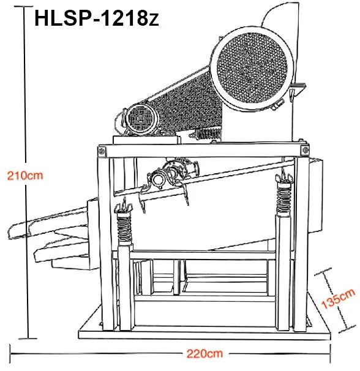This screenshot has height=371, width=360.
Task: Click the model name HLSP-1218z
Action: pyautogui.click(x=97, y=18)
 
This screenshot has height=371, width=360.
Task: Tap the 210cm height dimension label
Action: pyautogui.click(x=25, y=176)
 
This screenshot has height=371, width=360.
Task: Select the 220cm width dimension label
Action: pyautogui.click(x=204, y=354)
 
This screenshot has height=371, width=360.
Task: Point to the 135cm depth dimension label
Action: pyautogui.click(x=338, y=299)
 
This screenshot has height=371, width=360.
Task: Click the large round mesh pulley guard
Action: pyautogui.click(x=252, y=68)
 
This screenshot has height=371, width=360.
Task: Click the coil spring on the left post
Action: pyautogui.click(x=124, y=228)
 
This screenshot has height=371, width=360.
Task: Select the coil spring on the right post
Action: pyautogui.click(x=284, y=197)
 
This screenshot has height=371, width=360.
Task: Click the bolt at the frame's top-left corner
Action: pyautogui.click(x=102, y=151)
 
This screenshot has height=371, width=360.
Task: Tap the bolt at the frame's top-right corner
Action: pyautogui.click(x=306, y=150)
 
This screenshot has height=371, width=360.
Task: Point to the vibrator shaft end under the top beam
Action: pyautogui.click(x=157, y=180)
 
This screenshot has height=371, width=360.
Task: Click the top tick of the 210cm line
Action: pyautogui.click(x=23, y=6)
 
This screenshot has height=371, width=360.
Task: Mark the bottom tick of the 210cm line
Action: pyautogui.click(x=28, y=339)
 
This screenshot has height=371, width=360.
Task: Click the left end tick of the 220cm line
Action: pyautogui.click(x=10, y=354)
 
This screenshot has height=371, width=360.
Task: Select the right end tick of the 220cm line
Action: pyautogui.click(x=330, y=353)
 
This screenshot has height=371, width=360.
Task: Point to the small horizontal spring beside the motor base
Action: pyautogui.click(x=206, y=134)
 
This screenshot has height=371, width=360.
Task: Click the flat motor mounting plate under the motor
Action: pyautogui.click(x=146, y=140)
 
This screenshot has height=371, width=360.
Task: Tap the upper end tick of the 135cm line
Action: pyautogui.click(x=323, y=272)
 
